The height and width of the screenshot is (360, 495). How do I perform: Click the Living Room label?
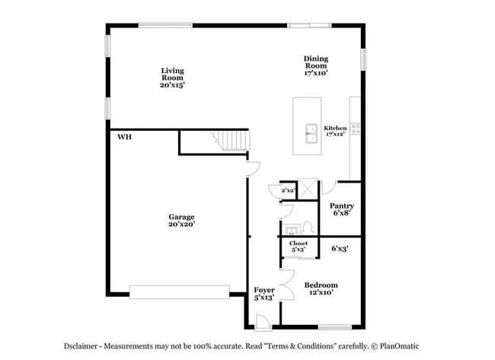click(x=172, y=78)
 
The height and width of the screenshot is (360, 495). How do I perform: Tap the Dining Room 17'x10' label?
click(x=316, y=65)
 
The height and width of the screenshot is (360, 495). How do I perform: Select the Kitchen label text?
click(x=335, y=128)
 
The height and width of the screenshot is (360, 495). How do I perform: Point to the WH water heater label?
click(x=124, y=137)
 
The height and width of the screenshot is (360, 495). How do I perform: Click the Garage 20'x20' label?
click(x=181, y=220)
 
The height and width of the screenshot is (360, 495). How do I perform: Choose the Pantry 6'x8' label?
click(x=342, y=209)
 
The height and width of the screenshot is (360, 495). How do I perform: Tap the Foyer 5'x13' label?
click(x=264, y=294)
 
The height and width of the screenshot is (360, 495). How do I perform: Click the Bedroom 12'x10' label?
click(x=321, y=288)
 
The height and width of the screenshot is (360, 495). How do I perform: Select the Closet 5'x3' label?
click(x=299, y=247)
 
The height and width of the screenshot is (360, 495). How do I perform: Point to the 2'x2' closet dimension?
click(x=288, y=190)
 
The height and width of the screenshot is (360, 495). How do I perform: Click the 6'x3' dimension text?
click(x=340, y=249)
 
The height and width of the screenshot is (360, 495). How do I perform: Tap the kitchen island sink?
click(x=311, y=133)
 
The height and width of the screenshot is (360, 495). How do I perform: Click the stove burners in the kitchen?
click(x=356, y=129)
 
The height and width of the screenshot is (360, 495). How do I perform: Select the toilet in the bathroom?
click(x=307, y=228)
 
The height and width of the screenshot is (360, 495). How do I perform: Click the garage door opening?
click(x=179, y=292)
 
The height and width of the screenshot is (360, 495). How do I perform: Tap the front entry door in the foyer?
click(x=263, y=323)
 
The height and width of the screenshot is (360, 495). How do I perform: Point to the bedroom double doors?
click(x=288, y=285)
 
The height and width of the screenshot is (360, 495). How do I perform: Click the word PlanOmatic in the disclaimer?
click(x=399, y=346)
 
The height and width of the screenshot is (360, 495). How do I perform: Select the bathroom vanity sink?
click(x=291, y=229)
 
